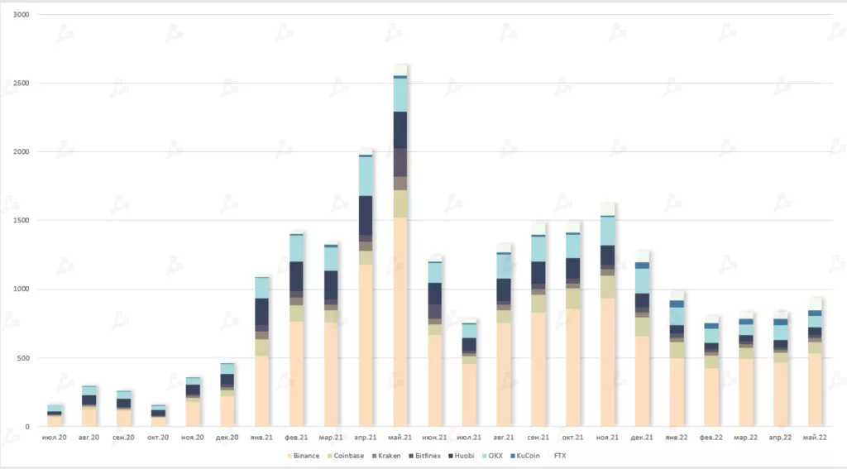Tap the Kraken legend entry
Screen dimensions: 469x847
click(388, 456)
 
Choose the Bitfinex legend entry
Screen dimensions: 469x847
click(426, 456)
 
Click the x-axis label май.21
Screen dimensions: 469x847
click(400, 437)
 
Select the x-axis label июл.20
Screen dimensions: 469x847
click(54, 437)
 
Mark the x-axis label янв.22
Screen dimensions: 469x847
click(677, 437)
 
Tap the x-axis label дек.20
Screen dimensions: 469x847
click(227, 437)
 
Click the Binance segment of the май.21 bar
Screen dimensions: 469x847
click(400, 323)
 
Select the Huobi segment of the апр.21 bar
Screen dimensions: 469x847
click(366, 215)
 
